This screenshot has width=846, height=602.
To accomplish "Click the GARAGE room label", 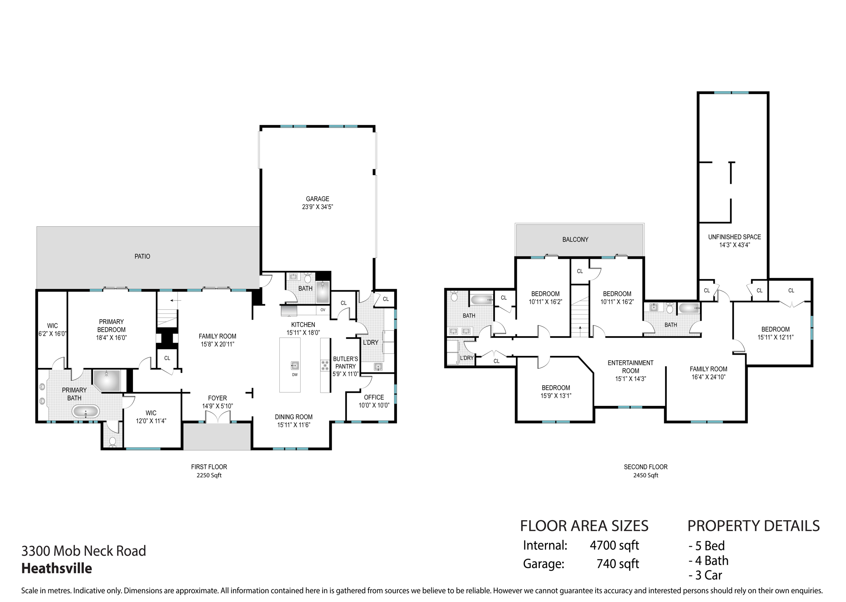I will [x=317, y=203].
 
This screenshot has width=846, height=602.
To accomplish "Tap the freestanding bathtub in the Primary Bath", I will [x=86, y=412].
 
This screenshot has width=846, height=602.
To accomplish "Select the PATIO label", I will [x=142, y=256].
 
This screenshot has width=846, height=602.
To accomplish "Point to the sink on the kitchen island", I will [x=295, y=365].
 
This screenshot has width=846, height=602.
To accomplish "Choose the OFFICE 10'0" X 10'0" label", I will [x=374, y=401].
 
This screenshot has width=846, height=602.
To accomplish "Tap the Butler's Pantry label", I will [x=345, y=363].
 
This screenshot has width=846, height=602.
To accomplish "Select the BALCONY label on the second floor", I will [x=575, y=239].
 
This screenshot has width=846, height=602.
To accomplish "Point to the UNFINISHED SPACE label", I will [x=734, y=241].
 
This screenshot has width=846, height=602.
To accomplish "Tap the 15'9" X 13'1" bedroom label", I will [x=556, y=391].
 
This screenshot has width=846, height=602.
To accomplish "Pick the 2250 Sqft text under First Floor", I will [x=209, y=475].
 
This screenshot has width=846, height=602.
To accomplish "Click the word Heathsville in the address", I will [x=57, y=569].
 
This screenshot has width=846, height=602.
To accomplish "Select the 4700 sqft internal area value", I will [x=614, y=545].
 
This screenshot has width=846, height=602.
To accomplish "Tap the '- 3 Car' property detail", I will [x=705, y=575].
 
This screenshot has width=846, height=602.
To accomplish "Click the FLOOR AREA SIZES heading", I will [x=584, y=526].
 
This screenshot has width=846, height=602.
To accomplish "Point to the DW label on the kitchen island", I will [x=295, y=375].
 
